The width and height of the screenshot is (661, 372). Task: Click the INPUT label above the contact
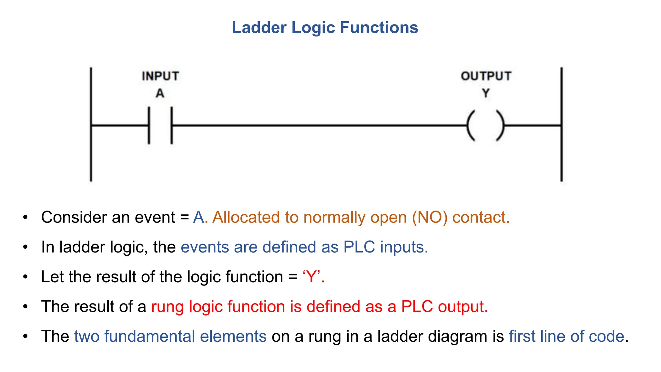pos(160,76)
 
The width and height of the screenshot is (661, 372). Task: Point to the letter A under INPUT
pos(160,93)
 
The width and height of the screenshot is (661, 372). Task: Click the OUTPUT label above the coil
pos(486,76)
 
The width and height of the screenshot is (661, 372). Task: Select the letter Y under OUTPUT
pos(486,93)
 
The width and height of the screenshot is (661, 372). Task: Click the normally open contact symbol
pos(160,125)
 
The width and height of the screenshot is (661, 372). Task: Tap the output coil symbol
pos(485,126)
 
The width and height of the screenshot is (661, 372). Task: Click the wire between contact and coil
pos(320,125)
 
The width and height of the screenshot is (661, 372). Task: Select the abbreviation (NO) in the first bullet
pos(430,217)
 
